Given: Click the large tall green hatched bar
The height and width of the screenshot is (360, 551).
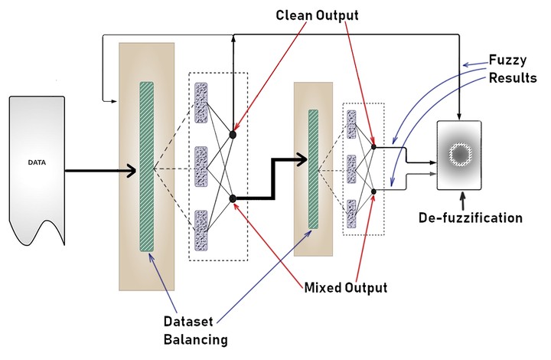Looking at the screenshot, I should tap(147, 167).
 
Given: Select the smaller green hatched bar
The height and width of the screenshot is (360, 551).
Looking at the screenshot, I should tap(313, 169).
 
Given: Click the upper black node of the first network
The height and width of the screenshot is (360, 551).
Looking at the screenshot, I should tap(233, 134).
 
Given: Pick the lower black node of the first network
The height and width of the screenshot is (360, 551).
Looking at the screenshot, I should tap(233, 199).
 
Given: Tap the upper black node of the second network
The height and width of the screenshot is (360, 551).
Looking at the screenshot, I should tap(373, 146).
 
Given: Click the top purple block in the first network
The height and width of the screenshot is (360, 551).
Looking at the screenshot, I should tap(202, 103).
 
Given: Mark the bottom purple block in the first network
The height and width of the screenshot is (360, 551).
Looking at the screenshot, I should tap(202, 230).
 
